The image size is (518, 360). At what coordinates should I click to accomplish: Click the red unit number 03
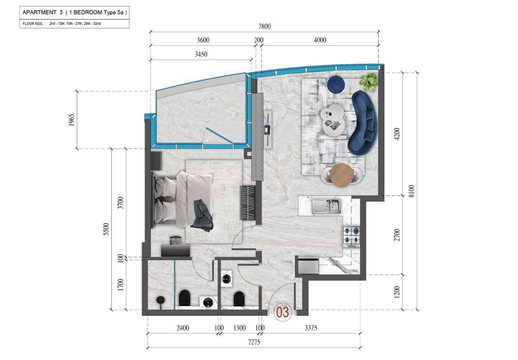[282, 312]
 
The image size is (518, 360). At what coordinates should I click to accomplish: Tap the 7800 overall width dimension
[264, 27]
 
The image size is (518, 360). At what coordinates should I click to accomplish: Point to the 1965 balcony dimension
[72, 120]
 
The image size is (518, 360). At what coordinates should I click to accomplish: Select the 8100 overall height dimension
[411, 191]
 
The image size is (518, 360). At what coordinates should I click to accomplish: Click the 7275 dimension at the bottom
[254, 342]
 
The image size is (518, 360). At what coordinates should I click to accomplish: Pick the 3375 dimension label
[311, 328]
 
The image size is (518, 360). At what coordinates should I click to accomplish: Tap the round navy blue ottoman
[336, 85]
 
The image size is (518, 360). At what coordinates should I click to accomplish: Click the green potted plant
[368, 82]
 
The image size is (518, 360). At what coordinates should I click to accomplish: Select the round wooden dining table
[342, 175]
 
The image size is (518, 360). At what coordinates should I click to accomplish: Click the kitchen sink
[326, 206]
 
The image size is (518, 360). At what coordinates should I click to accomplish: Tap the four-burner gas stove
[351, 237]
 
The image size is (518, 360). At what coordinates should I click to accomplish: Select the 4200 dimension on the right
[397, 133]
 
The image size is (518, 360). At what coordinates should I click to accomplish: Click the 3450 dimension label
[201, 54]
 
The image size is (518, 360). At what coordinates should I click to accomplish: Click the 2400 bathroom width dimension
[183, 328]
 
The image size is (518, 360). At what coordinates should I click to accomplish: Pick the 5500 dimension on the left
[106, 229]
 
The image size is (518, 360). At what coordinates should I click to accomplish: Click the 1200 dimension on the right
[397, 292]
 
